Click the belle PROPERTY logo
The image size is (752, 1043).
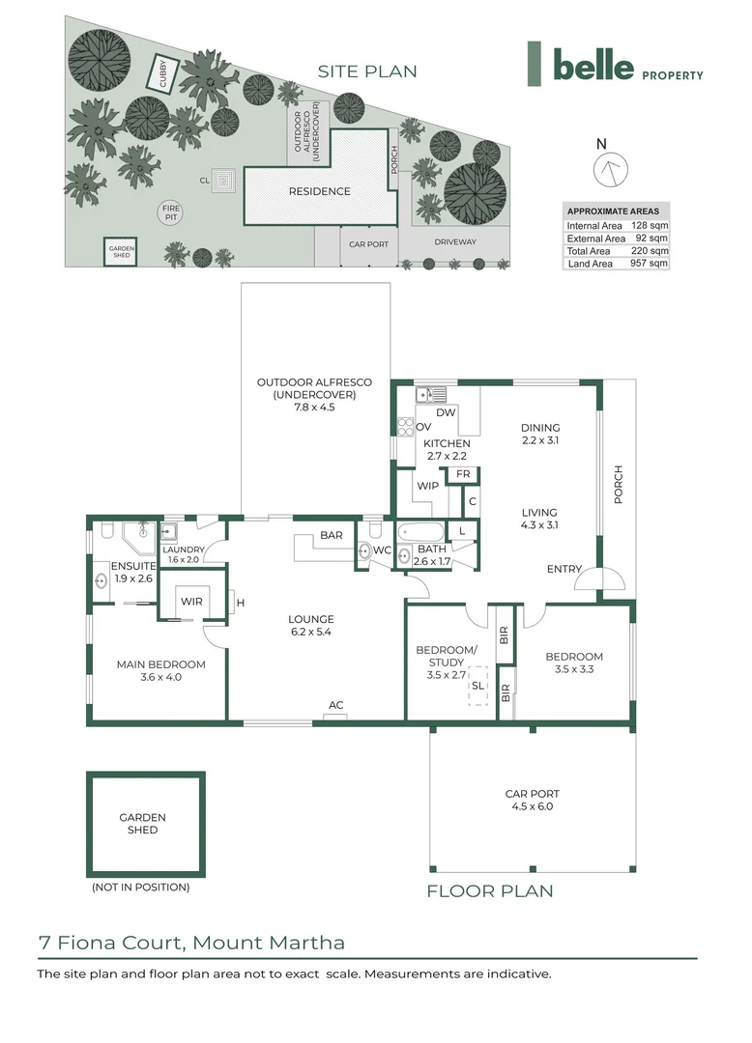[x=615, y=64]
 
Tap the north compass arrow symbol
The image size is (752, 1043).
[x=610, y=168]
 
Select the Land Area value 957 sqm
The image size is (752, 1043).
[x=649, y=264]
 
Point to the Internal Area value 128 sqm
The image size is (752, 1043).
[x=650, y=225]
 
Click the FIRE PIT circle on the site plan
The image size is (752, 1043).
[x=171, y=212]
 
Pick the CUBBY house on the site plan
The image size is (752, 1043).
[x=163, y=72]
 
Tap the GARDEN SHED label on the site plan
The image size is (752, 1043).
[x=121, y=251]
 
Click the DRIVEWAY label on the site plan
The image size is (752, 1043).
[x=455, y=242]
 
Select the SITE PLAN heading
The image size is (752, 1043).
[x=367, y=71]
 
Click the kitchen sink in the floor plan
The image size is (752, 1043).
[x=431, y=394]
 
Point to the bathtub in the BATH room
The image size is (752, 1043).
[x=420, y=533]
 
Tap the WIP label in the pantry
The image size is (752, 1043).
[x=428, y=486]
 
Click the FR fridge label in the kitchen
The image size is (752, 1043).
[x=463, y=474]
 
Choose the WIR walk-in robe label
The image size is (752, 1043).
[x=191, y=602]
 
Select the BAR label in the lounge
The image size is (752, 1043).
[x=332, y=535]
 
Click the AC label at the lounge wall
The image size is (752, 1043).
[x=336, y=705]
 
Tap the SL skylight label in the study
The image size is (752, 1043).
[x=477, y=686]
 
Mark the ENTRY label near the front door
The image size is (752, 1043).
[x=564, y=569]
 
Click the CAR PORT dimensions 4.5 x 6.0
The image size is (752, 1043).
[x=533, y=806]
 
